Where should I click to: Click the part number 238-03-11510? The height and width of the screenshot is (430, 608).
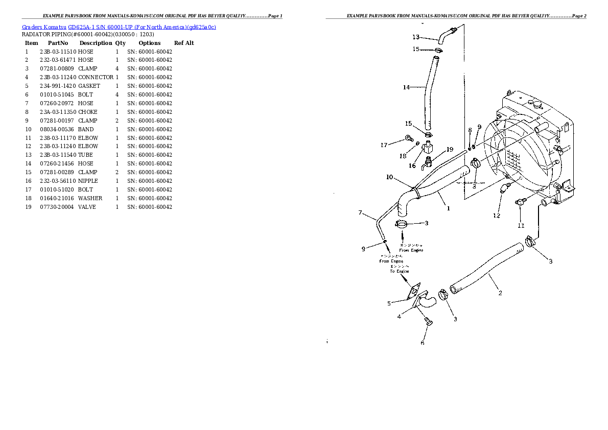click(x=58, y=52)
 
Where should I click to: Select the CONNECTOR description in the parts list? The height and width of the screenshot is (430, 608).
click(x=96, y=77)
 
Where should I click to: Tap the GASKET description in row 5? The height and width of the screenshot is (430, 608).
click(x=89, y=86)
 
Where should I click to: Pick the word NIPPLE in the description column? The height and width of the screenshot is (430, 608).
click(x=88, y=181)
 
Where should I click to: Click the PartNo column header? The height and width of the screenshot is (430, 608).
click(x=58, y=43)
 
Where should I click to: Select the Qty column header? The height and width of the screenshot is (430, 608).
click(x=120, y=43)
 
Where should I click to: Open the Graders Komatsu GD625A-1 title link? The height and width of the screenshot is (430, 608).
click(x=119, y=27)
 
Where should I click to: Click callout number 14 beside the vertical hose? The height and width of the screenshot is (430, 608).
click(x=406, y=87)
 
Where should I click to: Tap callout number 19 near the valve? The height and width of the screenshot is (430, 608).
click(x=450, y=150)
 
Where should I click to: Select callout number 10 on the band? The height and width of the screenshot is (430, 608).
click(x=389, y=177)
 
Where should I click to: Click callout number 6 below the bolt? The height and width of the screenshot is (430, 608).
click(x=423, y=343)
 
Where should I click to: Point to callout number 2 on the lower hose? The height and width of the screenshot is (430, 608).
click(x=500, y=293)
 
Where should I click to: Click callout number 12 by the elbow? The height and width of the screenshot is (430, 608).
click(x=497, y=216)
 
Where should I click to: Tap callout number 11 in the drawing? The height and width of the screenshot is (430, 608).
click(x=521, y=225)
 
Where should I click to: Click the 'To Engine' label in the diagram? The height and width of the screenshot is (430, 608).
click(x=400, y=271)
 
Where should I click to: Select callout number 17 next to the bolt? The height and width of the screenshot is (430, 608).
click(x=384, y=145)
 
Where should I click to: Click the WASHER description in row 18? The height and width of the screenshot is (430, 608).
click(x=90, y=198)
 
